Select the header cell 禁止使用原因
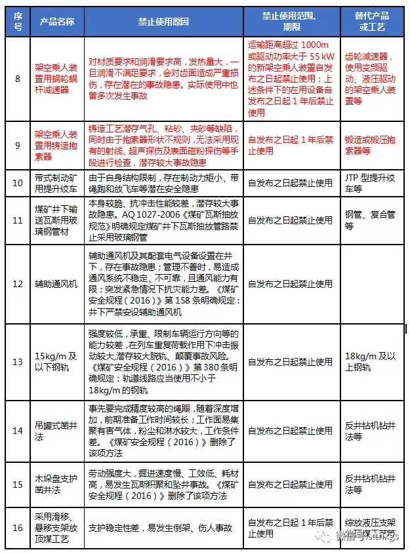[x=163, y=22]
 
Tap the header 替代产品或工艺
[x=372, y=22]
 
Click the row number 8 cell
[x=18, y=79]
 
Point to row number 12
[x=18, y=284]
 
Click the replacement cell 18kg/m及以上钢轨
[x=372, y=361]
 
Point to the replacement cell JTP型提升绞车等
[x=372, y=183]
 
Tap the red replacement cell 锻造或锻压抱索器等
[x=372, y=145]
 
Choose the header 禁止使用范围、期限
[x=290, y=22]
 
